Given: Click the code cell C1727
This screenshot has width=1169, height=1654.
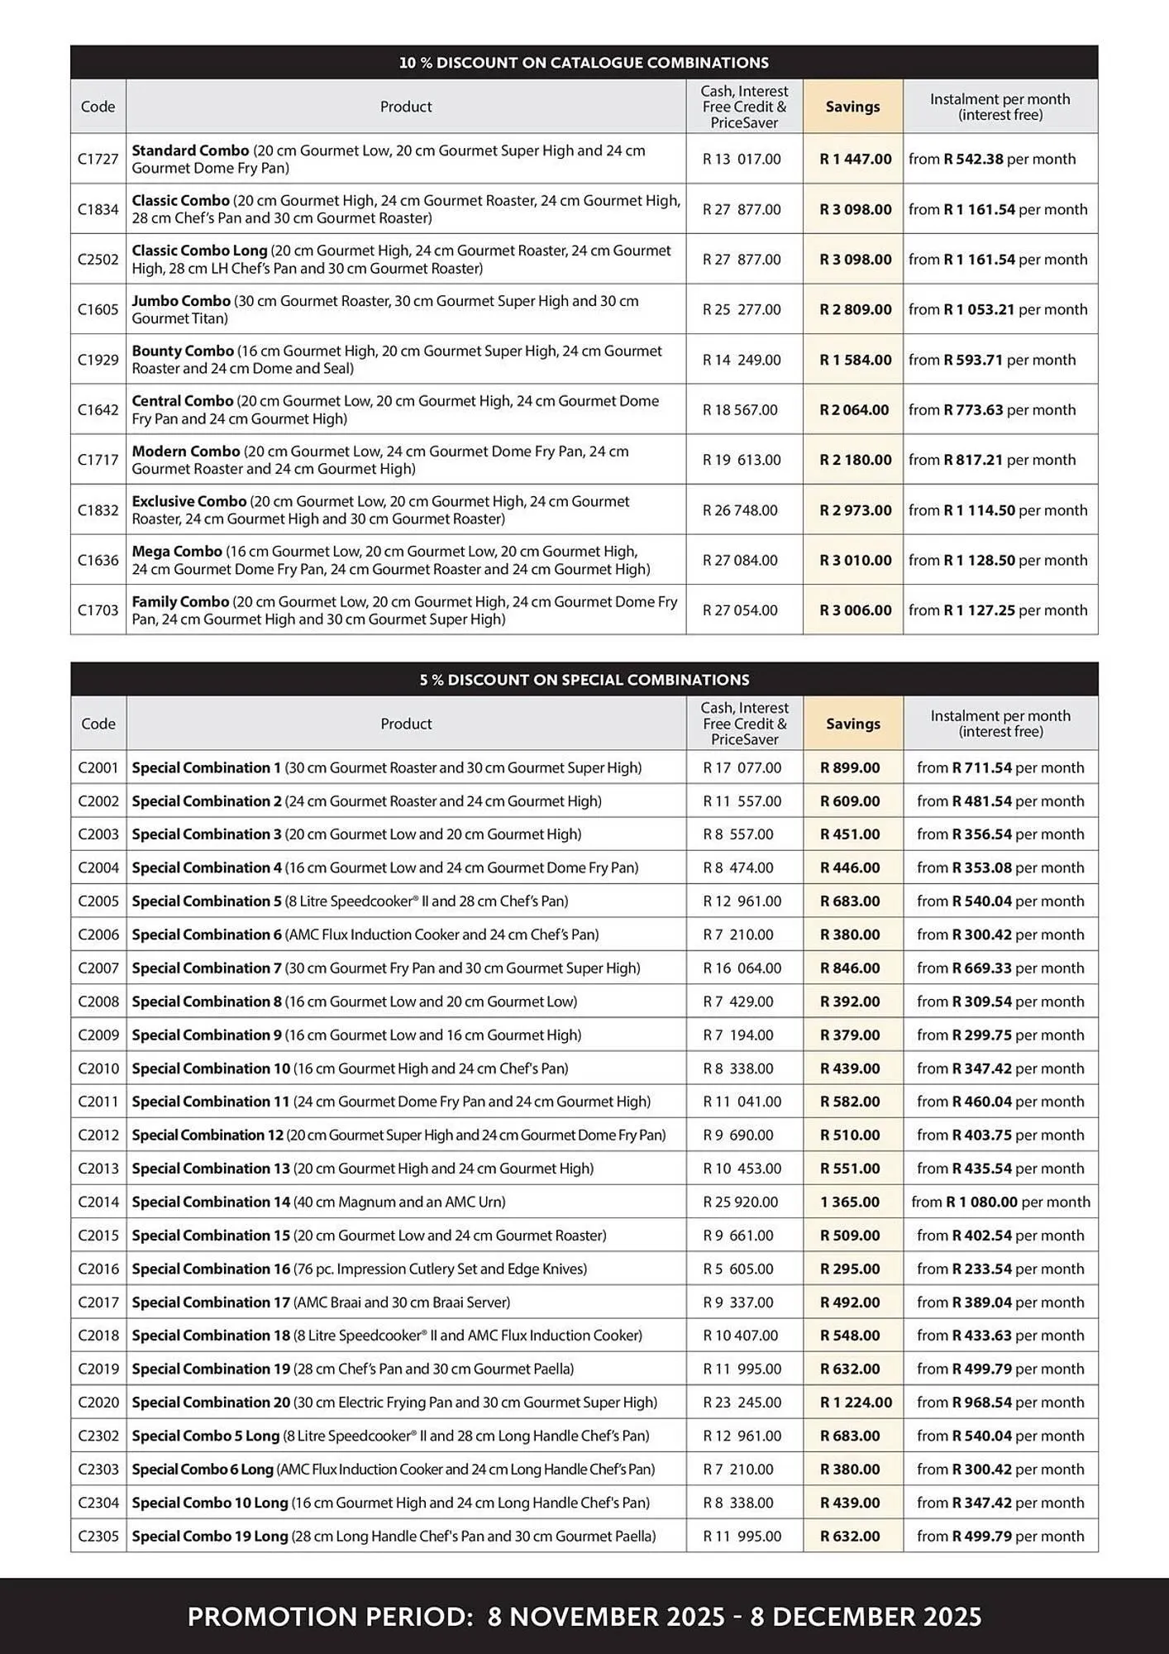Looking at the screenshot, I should coord(98,159).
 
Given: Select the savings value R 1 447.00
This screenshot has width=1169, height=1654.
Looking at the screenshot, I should coord(855,159).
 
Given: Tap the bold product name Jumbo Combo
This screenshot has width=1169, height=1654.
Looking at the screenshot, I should coord(181,301).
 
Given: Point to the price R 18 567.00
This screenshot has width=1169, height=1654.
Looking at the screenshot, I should coord(740,409).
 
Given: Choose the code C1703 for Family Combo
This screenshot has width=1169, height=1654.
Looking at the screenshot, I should coord(98,610).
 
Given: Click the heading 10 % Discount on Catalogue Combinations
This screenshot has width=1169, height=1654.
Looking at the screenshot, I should coord(584,63).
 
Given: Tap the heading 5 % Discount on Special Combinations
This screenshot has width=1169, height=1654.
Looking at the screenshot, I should coord(584,680).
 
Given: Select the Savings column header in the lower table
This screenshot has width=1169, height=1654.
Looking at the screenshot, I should coord(852,724).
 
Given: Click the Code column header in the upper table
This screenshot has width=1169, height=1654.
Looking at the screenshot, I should coord(98,107).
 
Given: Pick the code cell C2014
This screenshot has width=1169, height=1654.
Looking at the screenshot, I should coord(98,1202).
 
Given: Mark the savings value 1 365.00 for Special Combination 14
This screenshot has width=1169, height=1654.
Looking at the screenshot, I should coord(850,1202).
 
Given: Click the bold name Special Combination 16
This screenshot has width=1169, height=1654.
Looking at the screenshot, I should coord(211,1269).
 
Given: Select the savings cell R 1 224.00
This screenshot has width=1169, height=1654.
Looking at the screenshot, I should coord(856,1402).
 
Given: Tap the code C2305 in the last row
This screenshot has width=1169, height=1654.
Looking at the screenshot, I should coord(98,1536).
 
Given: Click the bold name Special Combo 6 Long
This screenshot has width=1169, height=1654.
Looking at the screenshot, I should coord(203,1469).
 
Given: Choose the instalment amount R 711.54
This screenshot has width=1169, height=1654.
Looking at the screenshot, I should coord(982,767).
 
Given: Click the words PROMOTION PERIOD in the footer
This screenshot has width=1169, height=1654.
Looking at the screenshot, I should coord(329,1617).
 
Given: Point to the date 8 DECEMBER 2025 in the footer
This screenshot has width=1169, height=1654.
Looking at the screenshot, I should coord(866,1617).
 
